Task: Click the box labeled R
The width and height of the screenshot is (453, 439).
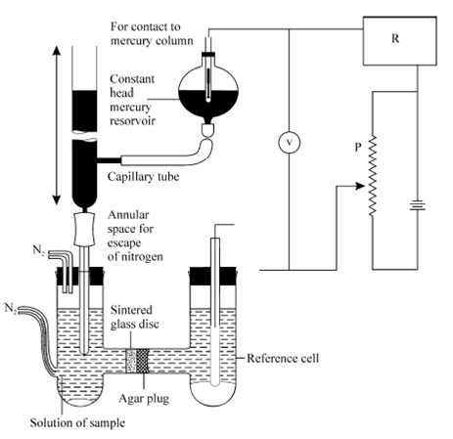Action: (400, 41)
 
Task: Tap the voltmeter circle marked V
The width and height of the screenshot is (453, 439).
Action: (289, 143)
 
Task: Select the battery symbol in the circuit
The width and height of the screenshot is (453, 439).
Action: (418, 206)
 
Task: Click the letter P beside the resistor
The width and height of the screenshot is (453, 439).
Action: (358, 147)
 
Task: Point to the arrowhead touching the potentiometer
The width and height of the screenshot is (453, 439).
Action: (360, 187)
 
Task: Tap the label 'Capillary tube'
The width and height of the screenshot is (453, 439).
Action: (144, 177)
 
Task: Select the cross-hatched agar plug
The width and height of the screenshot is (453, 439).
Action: (142, 361)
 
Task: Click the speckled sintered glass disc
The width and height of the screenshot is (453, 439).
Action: (131, 361)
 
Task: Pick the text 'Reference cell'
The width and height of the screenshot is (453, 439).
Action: (283, 358)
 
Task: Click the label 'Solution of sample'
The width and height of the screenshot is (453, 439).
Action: (77, 422)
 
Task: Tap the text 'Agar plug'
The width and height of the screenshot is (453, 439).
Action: (144, 399)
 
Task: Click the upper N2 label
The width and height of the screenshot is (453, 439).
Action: (38, 250)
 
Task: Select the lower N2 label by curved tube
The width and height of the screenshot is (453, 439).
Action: (11, 308)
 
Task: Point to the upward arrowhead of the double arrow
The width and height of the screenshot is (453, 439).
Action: (57, 51)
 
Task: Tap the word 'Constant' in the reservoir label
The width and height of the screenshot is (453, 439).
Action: (132, 79)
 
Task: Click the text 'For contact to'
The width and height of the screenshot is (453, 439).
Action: (146, 26)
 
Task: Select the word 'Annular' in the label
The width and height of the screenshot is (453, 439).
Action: (128, 215)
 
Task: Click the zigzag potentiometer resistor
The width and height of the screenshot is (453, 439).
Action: (373, 176)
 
